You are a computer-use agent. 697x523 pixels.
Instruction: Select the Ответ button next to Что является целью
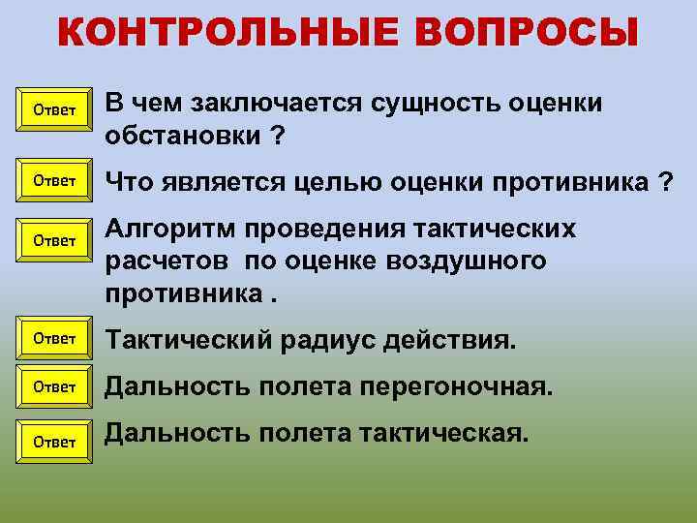click(x=54, y=180)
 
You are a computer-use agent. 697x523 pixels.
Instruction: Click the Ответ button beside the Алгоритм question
click(x=54, y=240)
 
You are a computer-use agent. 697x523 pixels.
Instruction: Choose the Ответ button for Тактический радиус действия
click(x=54, y=338)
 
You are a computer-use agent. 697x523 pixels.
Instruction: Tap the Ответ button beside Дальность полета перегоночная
click(x=54, y=386)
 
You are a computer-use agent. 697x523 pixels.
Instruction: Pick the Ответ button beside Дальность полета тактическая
click(x=54, y=442)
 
